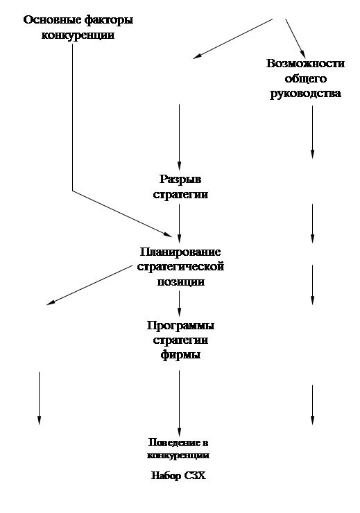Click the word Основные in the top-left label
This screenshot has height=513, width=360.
click(52, 20)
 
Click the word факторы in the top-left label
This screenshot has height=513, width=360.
click(109, 21)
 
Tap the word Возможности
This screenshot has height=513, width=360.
click(305, 63)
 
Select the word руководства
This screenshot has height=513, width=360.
click(305, 94)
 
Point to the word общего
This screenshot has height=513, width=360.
click(306, 78)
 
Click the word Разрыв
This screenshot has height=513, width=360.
click(180, 180)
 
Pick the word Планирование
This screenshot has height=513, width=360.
click(180, 252)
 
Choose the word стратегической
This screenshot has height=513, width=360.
click(180, 267)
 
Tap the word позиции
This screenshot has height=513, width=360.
click(180, 281)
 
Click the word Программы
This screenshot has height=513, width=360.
click(180, 326)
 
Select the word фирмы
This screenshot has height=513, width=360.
click(180, 355)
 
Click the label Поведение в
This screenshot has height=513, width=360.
click(178, 443)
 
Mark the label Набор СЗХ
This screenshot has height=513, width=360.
click(179, 476)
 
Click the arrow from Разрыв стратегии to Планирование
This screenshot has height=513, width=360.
click(179, 223)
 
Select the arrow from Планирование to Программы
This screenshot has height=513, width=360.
click(179, 304)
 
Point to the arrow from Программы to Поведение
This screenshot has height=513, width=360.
click(179, 403)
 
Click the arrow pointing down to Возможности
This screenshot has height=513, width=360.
click(295, 39)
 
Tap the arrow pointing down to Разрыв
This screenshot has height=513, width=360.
click(179, 137)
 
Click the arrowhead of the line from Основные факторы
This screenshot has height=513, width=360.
click(169, 234)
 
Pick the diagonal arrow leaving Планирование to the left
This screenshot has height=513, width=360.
click(89, 286)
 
